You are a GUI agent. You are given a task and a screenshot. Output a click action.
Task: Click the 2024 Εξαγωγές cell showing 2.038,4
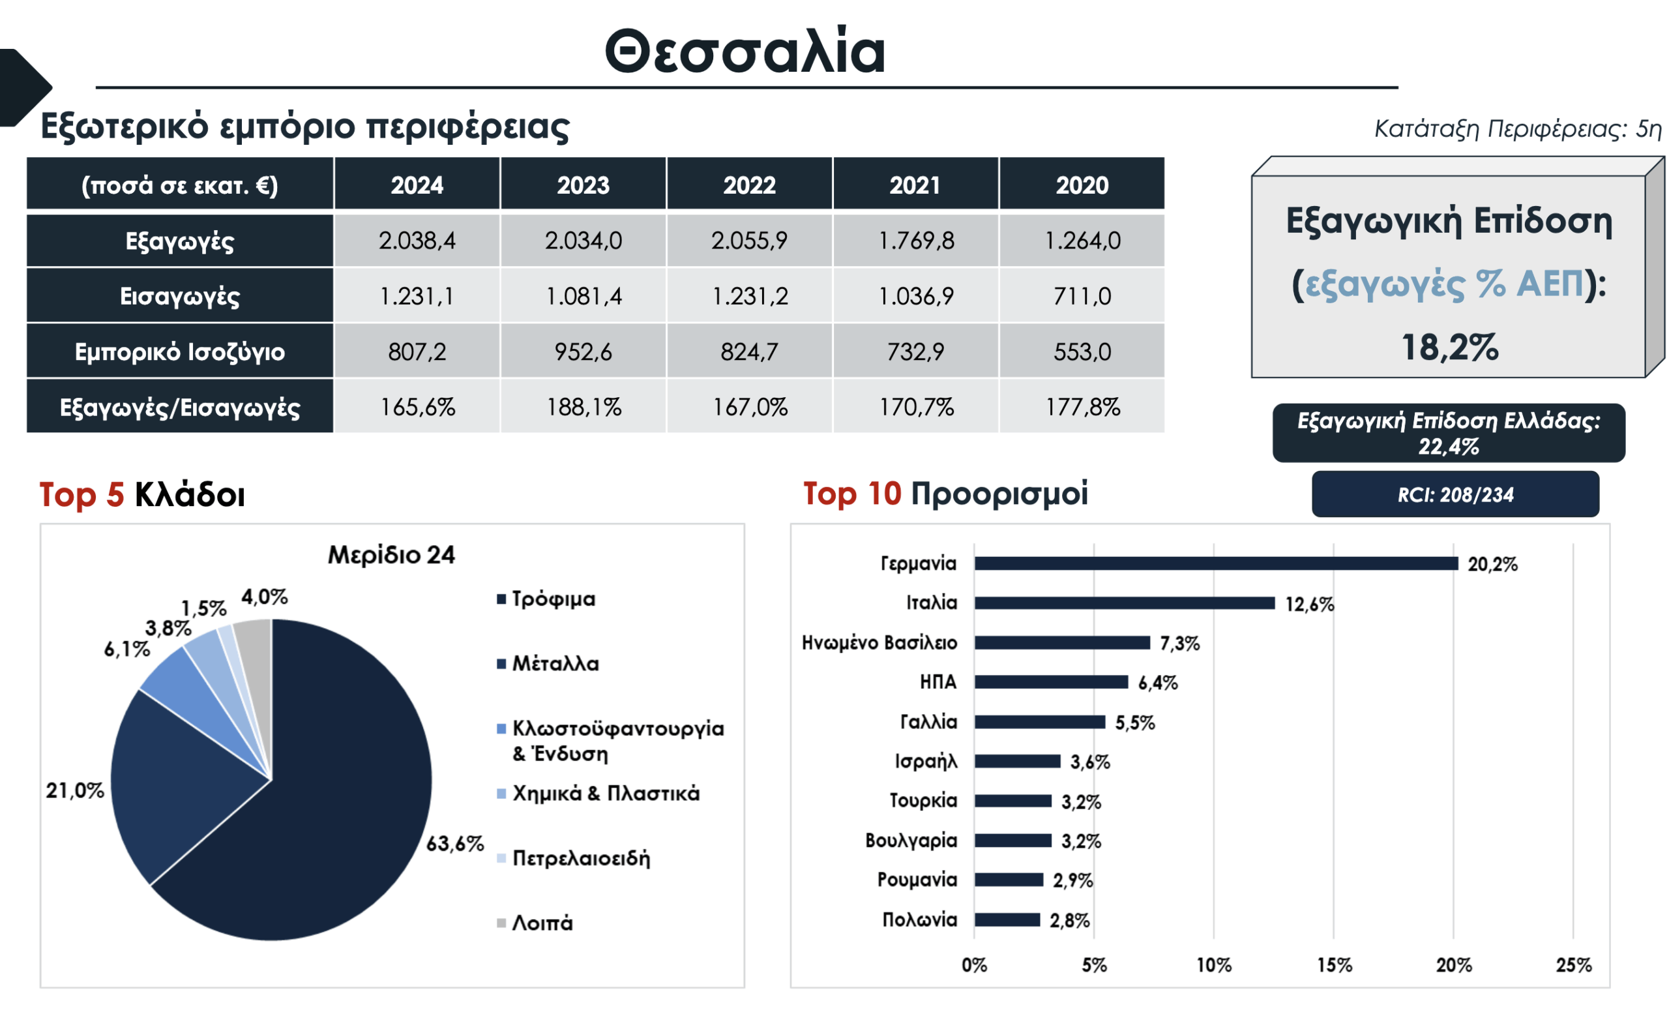[417, 241]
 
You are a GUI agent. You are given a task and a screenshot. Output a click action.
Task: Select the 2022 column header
[749, 185]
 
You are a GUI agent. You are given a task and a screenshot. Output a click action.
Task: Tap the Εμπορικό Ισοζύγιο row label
[179, 351]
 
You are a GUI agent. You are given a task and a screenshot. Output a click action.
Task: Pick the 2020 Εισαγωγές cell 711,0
[1082, 296]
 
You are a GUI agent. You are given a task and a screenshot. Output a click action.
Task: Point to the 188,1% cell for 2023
[583, 407]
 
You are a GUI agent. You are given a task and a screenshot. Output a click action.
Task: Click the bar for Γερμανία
[1216, 563]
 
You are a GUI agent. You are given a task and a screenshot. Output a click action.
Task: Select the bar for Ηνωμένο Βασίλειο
[1061, 643]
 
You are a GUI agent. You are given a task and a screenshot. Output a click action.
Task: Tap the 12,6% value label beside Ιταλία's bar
[1309, 604]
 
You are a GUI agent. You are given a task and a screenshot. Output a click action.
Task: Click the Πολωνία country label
[919, 920]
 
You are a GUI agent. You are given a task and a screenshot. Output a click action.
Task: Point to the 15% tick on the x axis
[1334, 965]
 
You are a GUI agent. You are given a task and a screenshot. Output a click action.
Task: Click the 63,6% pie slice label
[454, 844]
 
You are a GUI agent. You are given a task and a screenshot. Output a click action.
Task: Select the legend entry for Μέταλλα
[555, 664]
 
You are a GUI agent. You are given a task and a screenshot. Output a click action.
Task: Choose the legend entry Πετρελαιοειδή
[580, 858]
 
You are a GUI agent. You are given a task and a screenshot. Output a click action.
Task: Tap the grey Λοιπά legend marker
[501, 923]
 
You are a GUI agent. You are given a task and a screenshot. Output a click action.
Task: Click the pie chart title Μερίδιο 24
[392, 556]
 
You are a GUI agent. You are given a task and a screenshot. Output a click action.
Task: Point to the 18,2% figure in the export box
[1449, 348]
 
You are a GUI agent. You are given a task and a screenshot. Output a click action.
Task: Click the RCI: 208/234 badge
[1455, 495]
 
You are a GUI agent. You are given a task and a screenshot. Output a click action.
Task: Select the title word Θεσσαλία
[745, 52]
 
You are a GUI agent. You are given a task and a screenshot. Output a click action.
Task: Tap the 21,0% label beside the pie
[74, 790]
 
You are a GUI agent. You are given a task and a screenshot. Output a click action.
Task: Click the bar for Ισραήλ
[1018, 761]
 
